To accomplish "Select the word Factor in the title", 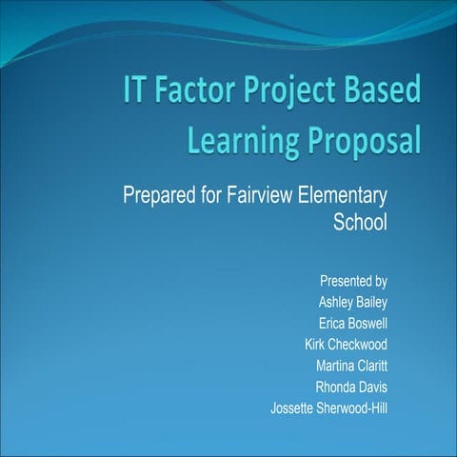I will [x=201, y=91].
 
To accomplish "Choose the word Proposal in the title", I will [x=361, y=142].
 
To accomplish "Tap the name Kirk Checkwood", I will [x=346, y=345].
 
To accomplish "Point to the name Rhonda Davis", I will [x=351, y=387].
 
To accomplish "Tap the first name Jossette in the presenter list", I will [x=294, y=408].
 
